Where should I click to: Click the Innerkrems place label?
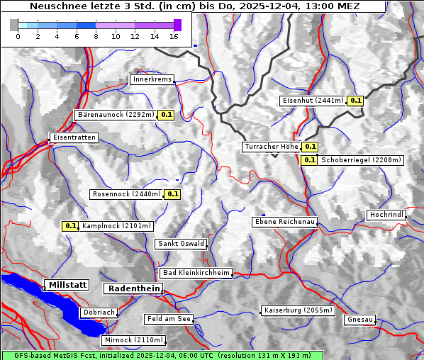(152, 79)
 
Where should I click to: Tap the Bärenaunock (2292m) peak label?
(115, 114)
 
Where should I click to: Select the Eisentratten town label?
(73, 137)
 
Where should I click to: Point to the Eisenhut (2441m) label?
(313, 101)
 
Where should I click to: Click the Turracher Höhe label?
(271, 147)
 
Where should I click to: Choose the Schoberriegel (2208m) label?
(361, 160)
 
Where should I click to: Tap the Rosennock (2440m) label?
(126, 193)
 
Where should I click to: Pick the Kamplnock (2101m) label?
(116, 226)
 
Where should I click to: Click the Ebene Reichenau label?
(285, 222)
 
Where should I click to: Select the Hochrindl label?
(386, 215)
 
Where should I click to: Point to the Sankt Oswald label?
(181, 244)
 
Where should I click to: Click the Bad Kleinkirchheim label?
(196, 272)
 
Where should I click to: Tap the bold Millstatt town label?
(67, 285)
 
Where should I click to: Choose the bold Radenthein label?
(133, 288)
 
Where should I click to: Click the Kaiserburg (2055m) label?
(298, 310)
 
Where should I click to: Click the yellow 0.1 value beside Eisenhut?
(356, 101)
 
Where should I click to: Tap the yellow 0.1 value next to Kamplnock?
(70, 226)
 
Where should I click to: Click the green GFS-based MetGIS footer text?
(162, 355)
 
